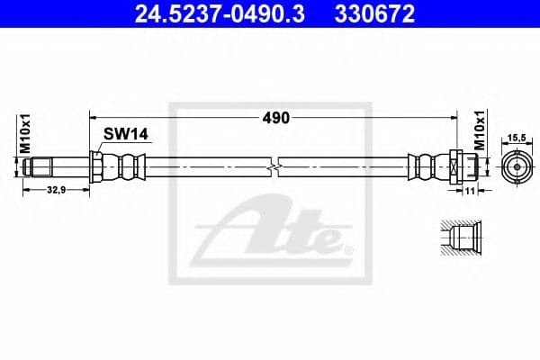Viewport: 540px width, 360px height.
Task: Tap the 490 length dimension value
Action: coord(274,118)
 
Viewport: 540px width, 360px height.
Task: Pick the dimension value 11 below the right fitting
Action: coord(470,191)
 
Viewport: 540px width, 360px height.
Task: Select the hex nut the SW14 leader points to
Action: coord(95,166)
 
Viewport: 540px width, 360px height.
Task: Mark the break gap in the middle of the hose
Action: coord(274,166)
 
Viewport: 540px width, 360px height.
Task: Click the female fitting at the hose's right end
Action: coord(454,166)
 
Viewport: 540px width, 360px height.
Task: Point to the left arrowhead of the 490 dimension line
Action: coord(94,118)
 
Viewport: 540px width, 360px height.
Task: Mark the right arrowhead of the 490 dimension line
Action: coord(456,118)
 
